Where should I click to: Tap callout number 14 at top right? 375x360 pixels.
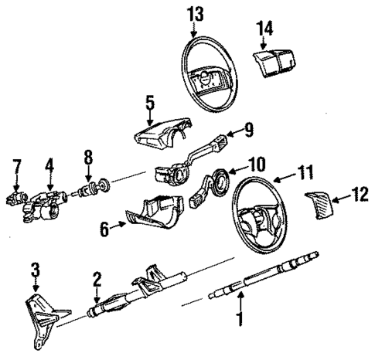[x=265, y=29]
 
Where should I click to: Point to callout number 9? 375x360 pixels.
[x=249, y=130]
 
